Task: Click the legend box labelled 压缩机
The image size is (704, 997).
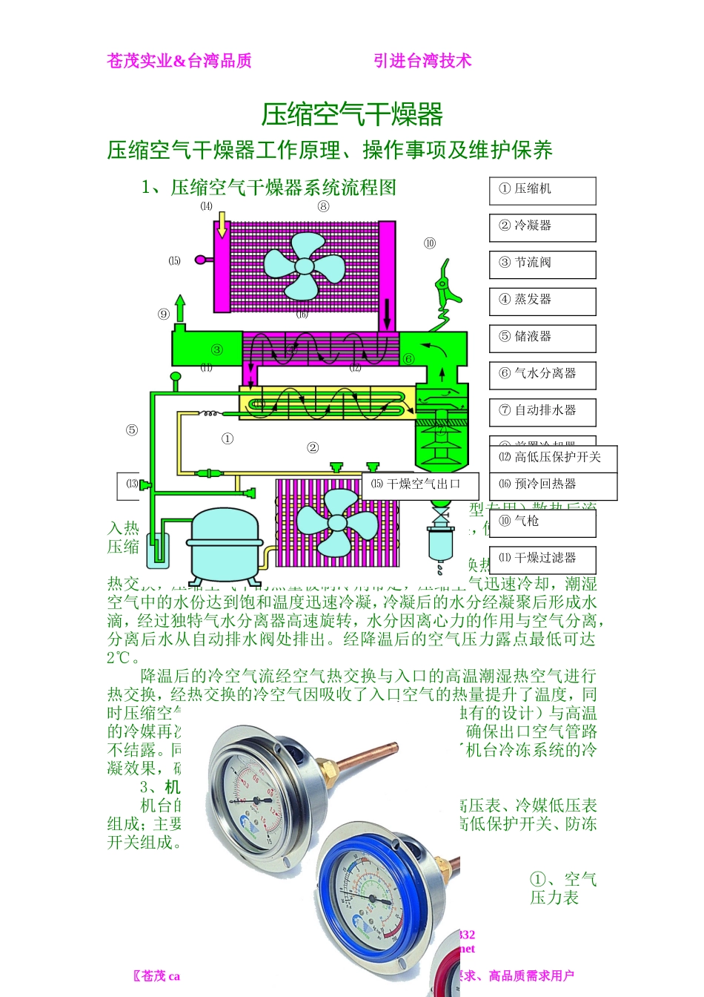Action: (x=542, y=191)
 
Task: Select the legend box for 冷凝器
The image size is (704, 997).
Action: (x=542, y=228)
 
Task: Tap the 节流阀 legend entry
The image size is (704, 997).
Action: (x=542, y=265)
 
